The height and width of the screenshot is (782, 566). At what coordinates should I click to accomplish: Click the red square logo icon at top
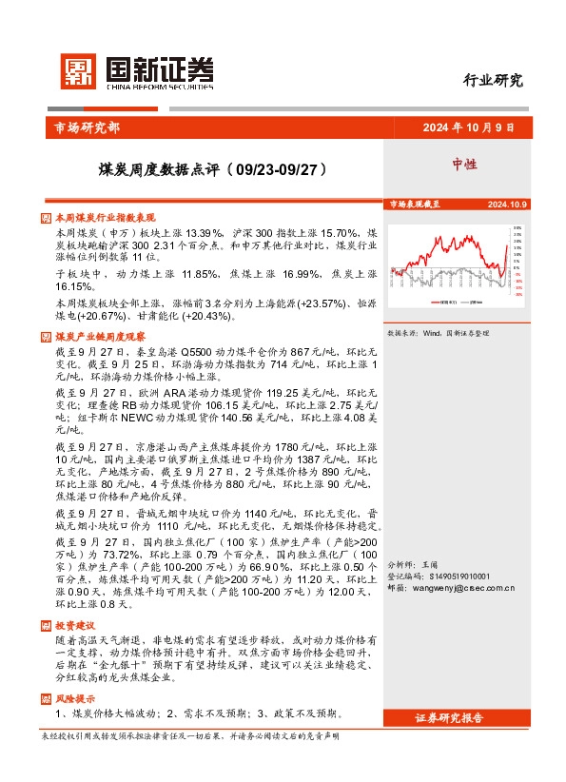79,70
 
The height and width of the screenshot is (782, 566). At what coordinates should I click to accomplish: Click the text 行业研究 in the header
493,80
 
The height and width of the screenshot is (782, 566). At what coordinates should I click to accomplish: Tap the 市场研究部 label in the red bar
83,129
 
